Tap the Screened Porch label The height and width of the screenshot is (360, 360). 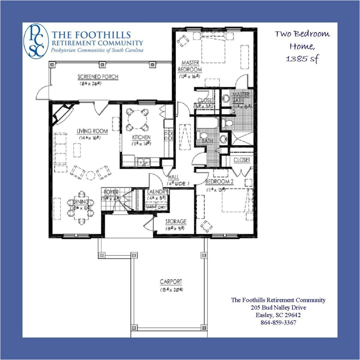point(98,77)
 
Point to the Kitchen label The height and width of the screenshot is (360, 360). point(141,137)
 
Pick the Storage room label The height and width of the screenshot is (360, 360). point(175,221)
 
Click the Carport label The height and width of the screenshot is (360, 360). point(171,282)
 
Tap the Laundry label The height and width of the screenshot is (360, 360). point(157,192)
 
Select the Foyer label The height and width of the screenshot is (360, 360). point(111,192)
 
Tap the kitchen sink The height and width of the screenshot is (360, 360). point(143,162)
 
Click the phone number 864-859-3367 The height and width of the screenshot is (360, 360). point(278,322)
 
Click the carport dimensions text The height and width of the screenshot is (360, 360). point(171,290)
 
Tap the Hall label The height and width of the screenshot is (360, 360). point(174,177)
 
